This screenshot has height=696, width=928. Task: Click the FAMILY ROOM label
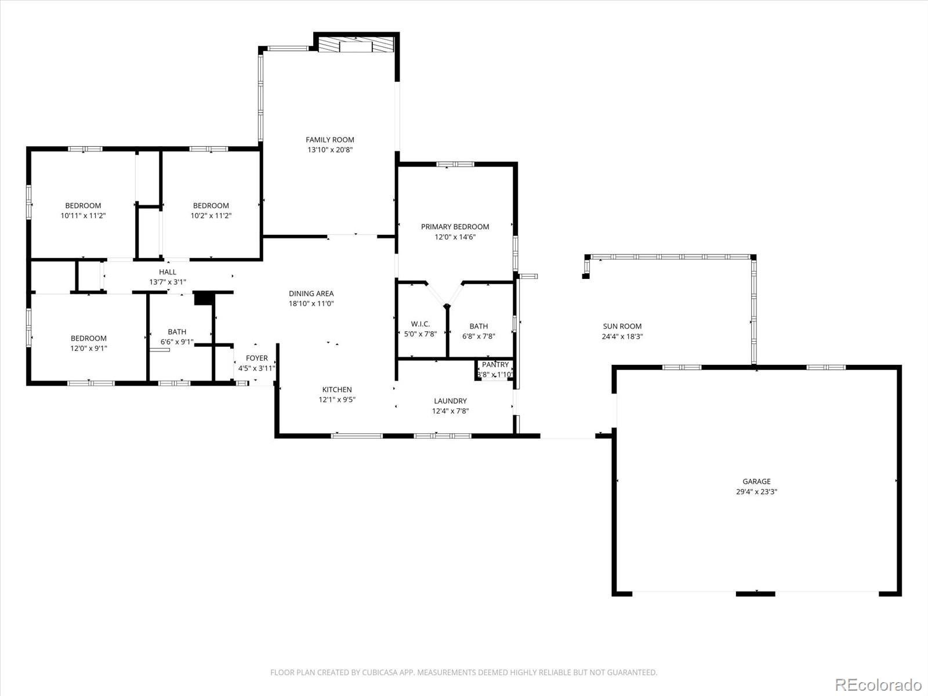[329, 139]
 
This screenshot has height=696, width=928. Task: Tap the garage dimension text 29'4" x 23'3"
[756, 491]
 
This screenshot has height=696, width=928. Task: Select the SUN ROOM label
[622, 326]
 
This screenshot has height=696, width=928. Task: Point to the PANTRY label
[495, 364]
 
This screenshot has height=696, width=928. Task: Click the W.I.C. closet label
[420, 324]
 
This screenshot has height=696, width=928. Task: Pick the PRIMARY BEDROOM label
[455, 226]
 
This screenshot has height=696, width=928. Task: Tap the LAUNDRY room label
[450, 401]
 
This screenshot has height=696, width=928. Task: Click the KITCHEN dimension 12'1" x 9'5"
[337, 399]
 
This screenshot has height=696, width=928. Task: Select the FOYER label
[256, 358]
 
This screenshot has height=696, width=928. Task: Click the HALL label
[168, 271]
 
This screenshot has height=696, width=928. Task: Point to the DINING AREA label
[311, 293]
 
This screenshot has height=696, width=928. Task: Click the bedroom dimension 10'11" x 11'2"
[83, 215]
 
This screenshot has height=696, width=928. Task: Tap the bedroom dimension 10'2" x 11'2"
[211, 215]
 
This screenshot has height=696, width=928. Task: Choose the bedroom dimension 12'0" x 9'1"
[89, 348]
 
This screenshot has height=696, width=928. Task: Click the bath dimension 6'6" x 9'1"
[177, 342]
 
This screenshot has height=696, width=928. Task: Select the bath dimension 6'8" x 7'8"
[478, 336]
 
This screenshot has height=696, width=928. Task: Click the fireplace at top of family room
[356, 45]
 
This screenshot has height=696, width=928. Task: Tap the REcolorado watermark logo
[878, 684]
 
